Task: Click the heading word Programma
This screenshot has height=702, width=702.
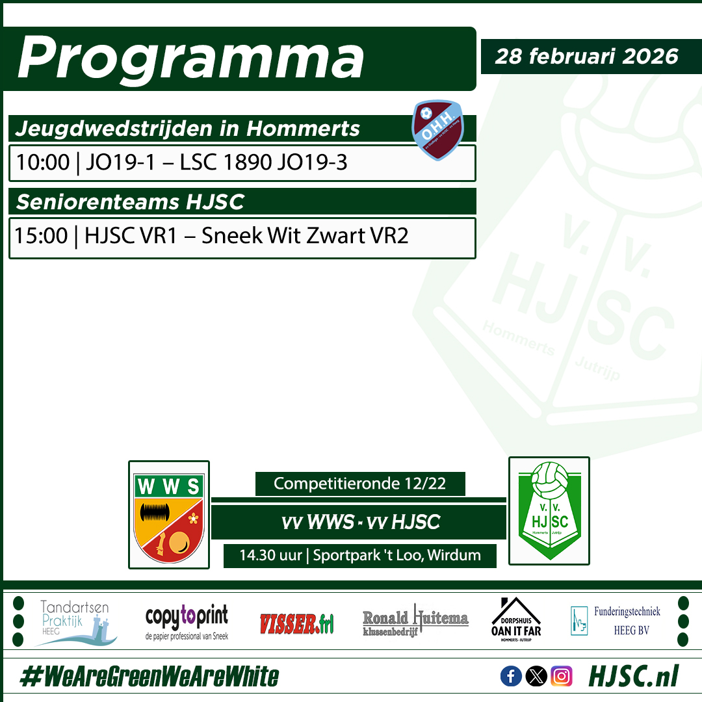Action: tap(190, 59)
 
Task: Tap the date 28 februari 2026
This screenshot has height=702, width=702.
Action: tap(586, 56)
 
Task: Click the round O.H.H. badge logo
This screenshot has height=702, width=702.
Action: tap(437, 129)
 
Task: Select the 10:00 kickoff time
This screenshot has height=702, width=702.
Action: tap(42, 162)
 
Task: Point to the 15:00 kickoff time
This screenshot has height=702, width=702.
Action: tap(41, 235)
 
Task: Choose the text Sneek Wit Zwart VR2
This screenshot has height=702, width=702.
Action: tap(305, 235)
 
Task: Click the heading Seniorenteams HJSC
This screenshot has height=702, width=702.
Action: tap(130, 201)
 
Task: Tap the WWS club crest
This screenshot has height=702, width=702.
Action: tap(169, 515)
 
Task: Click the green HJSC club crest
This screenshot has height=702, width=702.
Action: tap(549, 511)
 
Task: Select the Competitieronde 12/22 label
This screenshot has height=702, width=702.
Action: tap(360, 484)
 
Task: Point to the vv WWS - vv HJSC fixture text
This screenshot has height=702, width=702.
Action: tap(360, 521)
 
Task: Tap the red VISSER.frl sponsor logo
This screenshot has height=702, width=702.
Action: tap(296, 624)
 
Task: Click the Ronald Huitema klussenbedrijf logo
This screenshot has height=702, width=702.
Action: tap(415, 623)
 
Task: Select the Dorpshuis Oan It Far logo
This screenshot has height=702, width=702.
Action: tap(516, 619)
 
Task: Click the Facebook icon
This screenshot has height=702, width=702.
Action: tap(511, 677)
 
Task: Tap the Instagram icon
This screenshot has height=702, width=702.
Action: tap(561, 677)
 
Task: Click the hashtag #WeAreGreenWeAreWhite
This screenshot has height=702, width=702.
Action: tap(149, 677)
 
